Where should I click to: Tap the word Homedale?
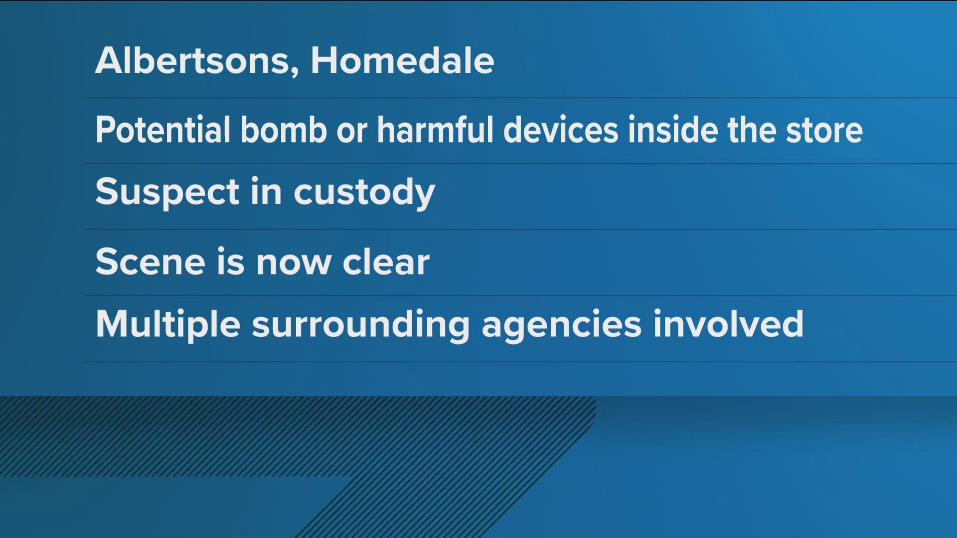[x=403, y=61]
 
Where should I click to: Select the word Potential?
[x=162, y=130]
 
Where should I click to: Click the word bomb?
[x=283, y=130]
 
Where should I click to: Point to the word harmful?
[x=435, y=130]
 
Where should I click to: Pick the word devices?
[x=561, y=130]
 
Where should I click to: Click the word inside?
[x=672, y=130]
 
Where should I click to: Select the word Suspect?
[x=167, y=192]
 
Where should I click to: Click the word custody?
[x=364, y=192]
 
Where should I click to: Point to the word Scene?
[x=150, y=262]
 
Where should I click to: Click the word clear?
[x=386, y=262]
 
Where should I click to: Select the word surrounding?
[x=361, y=325]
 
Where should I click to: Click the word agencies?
[x=562, y=325]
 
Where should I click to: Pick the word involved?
[x=728, y=324]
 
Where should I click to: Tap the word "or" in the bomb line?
[x=352, y=133]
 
